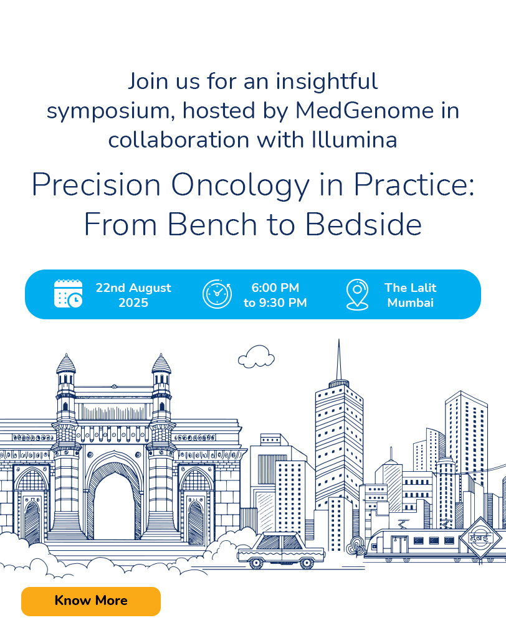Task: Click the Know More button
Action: pos(91,601)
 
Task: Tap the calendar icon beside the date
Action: pos(69,294)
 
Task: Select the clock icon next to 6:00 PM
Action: pos(217,294)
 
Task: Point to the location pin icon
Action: pos(357,294)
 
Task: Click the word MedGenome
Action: pos(365,110)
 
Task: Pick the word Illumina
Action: pos(354,140)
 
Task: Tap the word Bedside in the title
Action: pos(363,225)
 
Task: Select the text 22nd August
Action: pos(133,288)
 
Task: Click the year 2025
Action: pos(133,302)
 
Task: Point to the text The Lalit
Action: pos(410,288)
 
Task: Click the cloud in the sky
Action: pos(256,357)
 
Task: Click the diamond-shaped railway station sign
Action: pos(480,538)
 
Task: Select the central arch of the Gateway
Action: pos(115,497)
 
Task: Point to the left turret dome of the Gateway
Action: pos(66,363)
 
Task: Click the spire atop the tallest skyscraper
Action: pos(338,360)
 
